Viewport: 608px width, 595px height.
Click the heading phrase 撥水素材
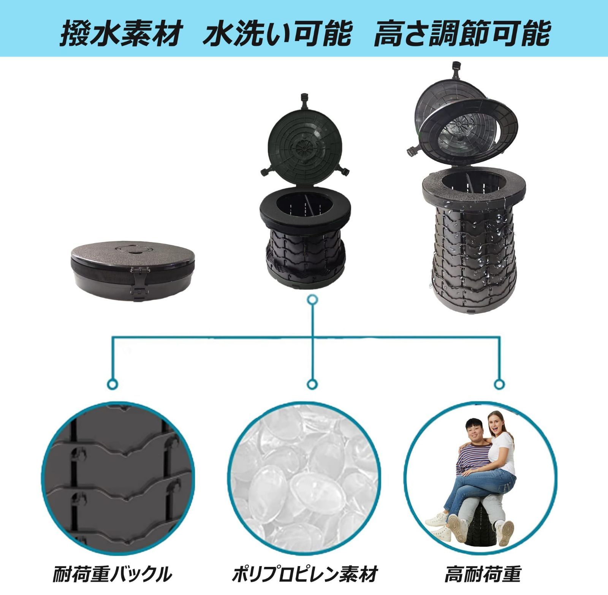point(120,34)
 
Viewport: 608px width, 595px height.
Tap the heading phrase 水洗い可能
point(277,34)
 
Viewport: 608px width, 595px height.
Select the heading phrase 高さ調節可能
point(461,34)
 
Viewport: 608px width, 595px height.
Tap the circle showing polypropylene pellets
point(306,475)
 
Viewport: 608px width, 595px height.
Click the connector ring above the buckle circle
point(113,384)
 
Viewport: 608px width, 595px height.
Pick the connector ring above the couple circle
point(499,384)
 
